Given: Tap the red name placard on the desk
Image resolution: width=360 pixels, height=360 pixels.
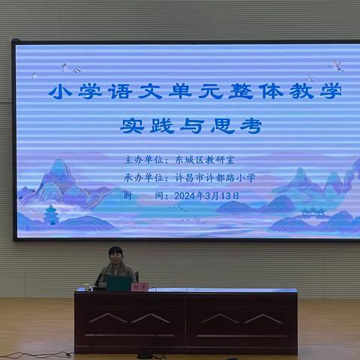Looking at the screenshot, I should point(139,286).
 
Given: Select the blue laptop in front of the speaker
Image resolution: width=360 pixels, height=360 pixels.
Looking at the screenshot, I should point(118,283).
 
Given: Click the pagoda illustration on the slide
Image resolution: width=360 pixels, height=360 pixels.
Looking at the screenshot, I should point(51,214).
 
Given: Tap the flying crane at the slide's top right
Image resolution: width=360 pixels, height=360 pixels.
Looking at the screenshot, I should point(337,67).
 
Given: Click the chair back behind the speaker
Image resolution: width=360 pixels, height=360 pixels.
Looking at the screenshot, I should point(136,276).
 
